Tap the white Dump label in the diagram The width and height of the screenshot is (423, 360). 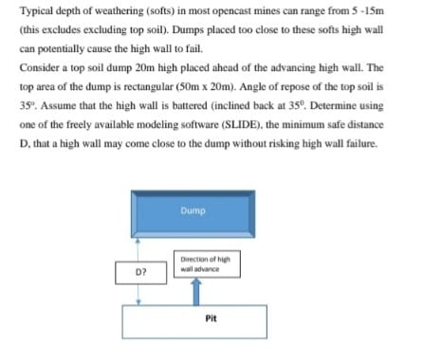[193, 210]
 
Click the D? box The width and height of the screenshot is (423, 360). [140, 270]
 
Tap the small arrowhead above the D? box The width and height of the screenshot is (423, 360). [141, 241]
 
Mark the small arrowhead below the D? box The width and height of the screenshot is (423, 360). [141, 302]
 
